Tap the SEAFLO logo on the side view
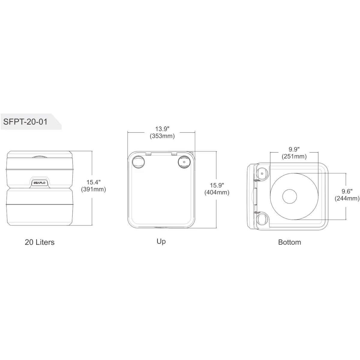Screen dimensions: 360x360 [39, 183]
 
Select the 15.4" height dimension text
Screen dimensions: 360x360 [93, 182]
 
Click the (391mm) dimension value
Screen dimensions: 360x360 [93, 189]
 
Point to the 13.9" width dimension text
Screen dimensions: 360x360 [162, 129]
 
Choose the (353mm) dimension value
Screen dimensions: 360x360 [162, 136]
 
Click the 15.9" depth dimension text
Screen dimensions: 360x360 [217, 185]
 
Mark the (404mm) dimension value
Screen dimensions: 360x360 [217, 192]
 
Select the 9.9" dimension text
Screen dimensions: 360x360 [294, 149]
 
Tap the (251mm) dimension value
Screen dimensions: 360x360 [294, 156]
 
